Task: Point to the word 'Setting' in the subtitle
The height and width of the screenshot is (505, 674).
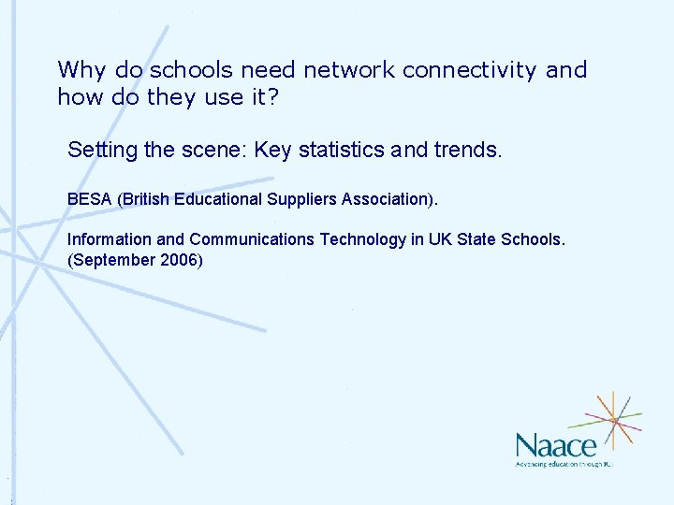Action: click(x=99, y=150)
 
